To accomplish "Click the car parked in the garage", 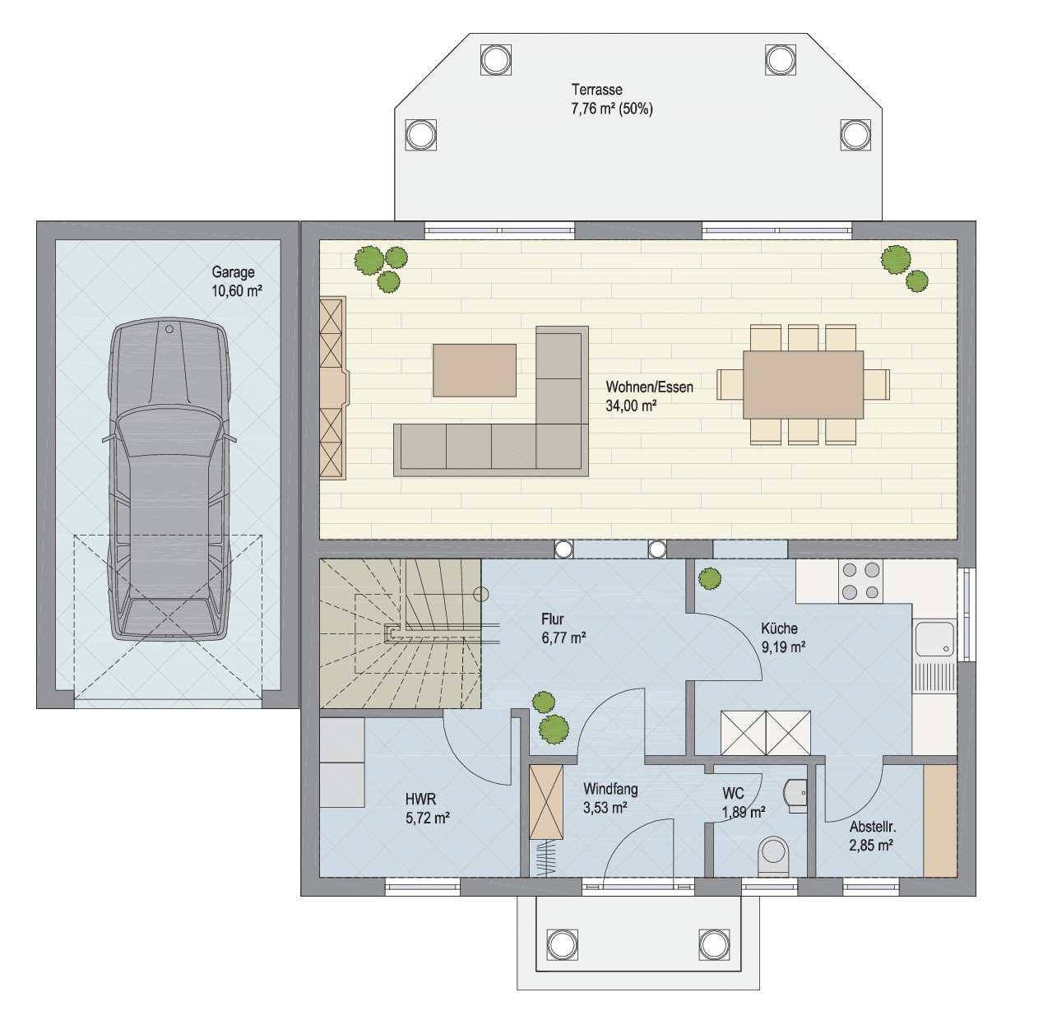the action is point(169,479).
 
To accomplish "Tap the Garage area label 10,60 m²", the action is point(237,291).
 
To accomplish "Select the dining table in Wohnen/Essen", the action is point(804,384).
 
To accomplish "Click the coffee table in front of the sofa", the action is point(474,370).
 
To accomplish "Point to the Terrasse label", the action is point(597,90).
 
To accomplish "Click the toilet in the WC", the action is point(773,856).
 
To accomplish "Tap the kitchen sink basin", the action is point(934,639).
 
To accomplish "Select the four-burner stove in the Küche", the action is point(861,581).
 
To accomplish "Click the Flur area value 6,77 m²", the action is point(563,637).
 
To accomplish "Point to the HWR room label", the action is point(420,799).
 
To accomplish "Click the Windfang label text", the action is point(610,789).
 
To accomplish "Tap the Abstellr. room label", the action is point(873,827).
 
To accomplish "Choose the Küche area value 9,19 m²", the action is point(783,647).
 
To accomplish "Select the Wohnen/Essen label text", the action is point(650,387).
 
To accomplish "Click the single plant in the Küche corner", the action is point(709,578).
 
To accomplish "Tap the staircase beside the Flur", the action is point(401,634).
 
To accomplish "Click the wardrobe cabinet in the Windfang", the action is point(546,802).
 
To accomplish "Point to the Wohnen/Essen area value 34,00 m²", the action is point(631,406).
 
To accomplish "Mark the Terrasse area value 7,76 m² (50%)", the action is point(612,109).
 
